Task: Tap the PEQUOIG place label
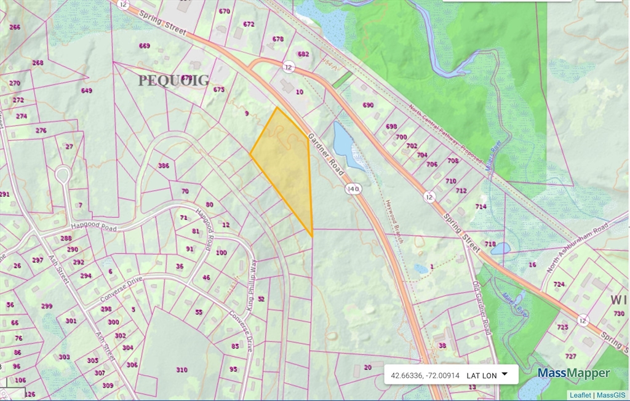[x=173, y=81]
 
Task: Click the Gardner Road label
[x=325, y=154]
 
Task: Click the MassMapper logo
[x=573, y=373]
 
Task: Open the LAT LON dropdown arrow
[x=504, y=374]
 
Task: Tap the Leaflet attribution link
[x=580, y=395]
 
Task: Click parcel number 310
[x=181, y=370]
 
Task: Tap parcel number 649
[x=86, y=90]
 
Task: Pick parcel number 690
[x=368, y=105]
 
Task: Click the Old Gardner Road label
[x=480, y=307]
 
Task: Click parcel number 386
[x=164, y=165]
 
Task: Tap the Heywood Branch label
[x=394, y=221]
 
